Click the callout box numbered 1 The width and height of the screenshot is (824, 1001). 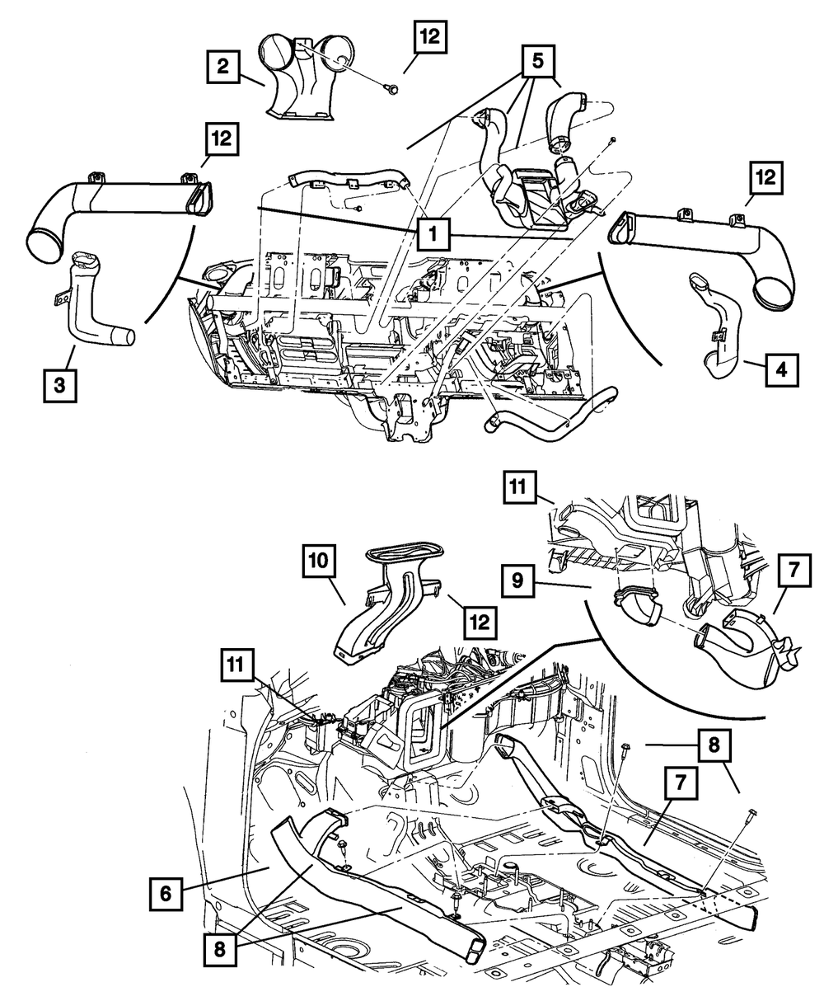[x=433, y=233]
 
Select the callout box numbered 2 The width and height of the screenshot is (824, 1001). [x=222, y=67]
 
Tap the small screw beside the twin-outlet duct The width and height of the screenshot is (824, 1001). [x=391, y=88]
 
